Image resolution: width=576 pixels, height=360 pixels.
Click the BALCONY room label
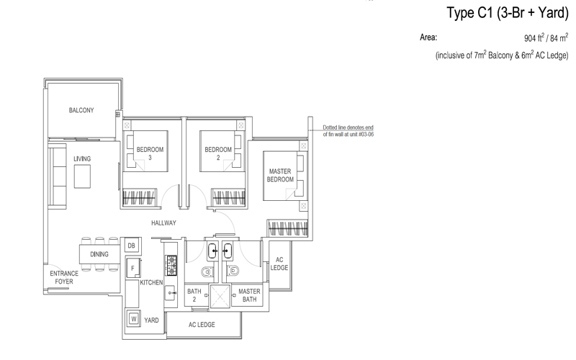click(81, 110)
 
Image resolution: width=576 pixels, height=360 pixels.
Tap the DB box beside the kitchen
click(132, 246)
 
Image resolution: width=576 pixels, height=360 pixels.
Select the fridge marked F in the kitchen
click(133, 268)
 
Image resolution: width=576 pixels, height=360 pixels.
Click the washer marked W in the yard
click(134, 319)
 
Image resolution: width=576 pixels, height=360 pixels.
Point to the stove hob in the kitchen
click(171, 266)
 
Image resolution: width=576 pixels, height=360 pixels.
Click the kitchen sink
click(170, 293)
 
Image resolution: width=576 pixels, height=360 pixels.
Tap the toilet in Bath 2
click(207, 271)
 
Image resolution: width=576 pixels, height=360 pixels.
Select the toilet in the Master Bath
click(233, 271)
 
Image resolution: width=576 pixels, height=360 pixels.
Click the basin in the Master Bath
click(228, 251)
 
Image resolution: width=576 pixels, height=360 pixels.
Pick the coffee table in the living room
click(82, 176)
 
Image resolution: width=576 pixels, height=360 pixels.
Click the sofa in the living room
click(58, 176)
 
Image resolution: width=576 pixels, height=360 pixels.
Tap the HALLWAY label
click(164, 223)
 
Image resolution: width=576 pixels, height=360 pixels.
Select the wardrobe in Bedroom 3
click(139, 197)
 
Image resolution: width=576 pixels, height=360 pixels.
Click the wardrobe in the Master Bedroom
click(287, 228)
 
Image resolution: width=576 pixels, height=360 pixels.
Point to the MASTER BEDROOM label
click(280, 175)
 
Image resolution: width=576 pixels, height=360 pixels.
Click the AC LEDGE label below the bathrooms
click(202, 325)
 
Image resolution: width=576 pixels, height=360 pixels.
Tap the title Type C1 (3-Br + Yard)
click(508, 13)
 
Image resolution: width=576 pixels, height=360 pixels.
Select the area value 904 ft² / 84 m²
click(546, 37)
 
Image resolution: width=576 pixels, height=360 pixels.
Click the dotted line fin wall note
click(348, 131)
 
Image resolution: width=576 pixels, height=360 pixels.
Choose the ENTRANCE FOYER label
click(64, 277)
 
